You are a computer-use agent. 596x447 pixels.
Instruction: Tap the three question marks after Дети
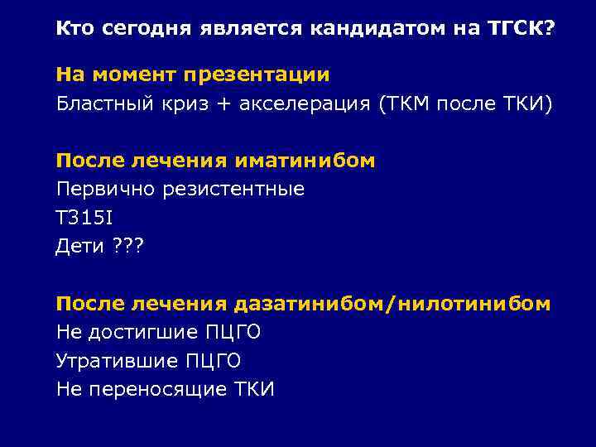coord(127,246)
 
